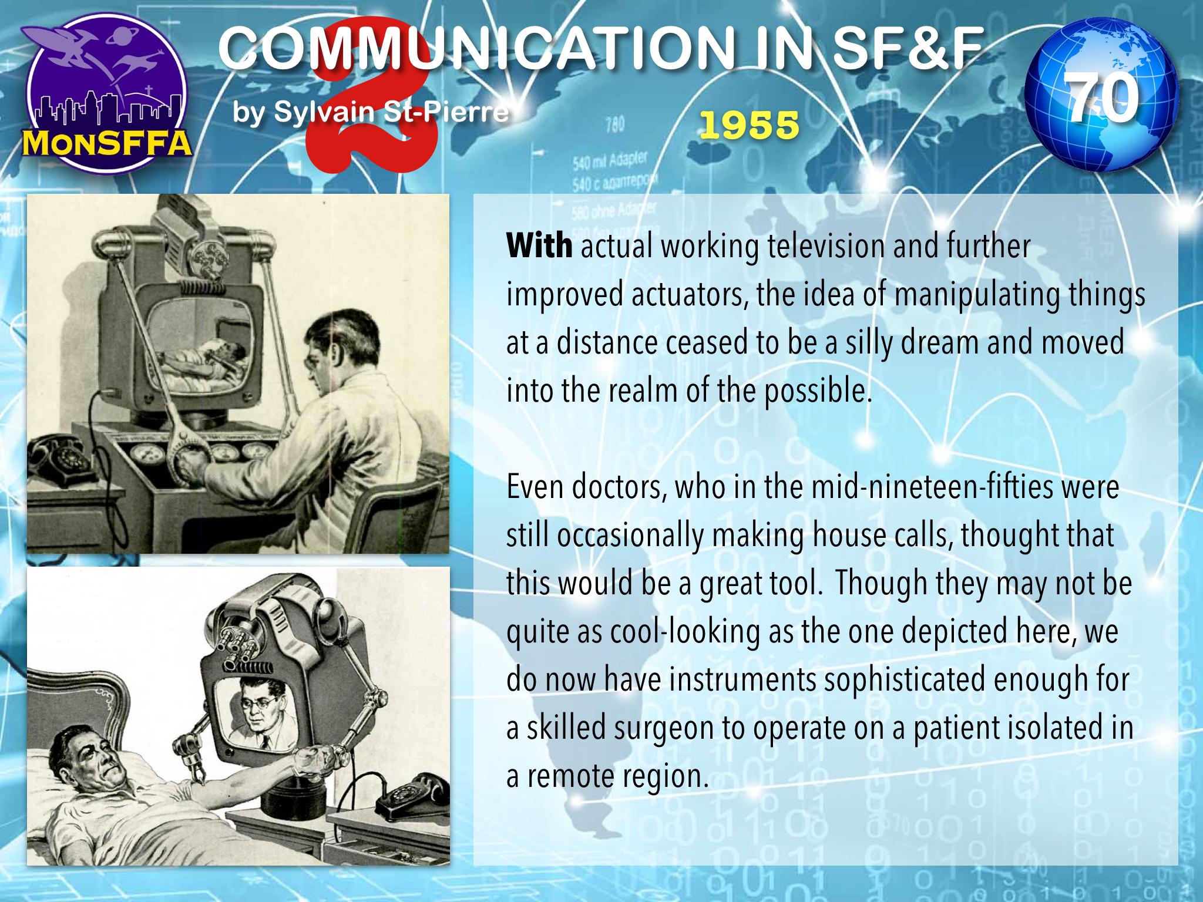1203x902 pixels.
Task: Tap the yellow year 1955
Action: [x=750, y=124]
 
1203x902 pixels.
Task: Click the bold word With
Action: [x=539, y=247]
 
